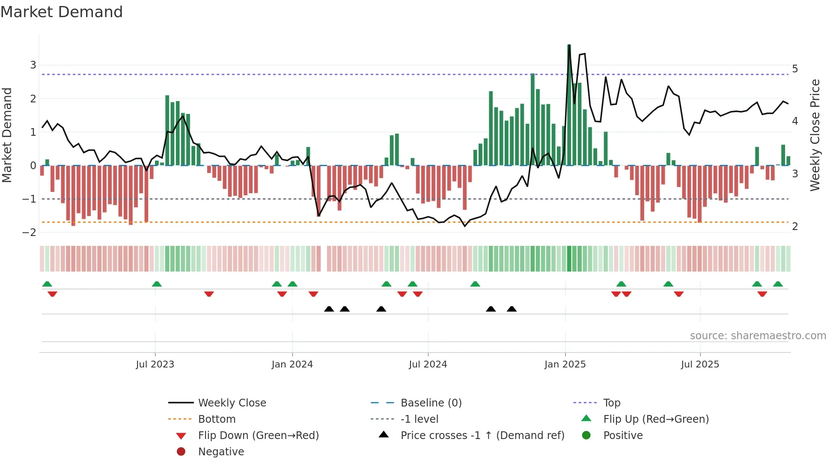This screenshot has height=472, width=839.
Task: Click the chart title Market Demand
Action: point(62,12)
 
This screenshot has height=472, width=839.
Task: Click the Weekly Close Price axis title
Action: point(815,135)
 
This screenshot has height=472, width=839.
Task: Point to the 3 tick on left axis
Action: point(33,65)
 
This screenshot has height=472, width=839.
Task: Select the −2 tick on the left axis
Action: point(30,233)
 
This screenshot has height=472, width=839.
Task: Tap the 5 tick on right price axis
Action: point(795,69)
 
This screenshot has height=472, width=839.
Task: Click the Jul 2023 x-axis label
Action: point(155,364)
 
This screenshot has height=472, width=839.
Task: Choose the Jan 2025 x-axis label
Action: point(565,364)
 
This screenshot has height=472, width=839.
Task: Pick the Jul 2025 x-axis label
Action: point(700,364)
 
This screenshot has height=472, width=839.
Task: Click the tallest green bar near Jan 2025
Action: point(569,105)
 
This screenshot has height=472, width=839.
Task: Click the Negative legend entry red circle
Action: point(181,452)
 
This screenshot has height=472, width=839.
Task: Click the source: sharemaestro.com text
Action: point(758,336)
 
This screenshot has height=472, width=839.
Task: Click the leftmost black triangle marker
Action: point(329,309)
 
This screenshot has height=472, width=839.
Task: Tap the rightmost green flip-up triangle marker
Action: point(778,284)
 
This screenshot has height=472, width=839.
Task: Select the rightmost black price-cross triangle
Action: point(512,309)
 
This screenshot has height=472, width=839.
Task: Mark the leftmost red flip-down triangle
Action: point(52,294)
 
